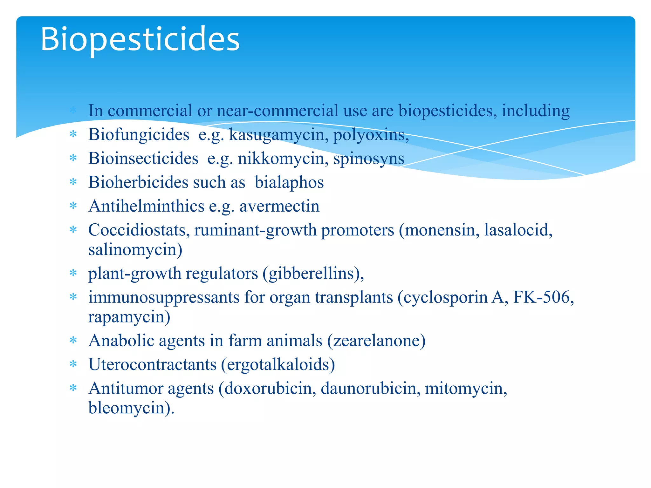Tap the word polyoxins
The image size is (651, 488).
[x=370, y=135]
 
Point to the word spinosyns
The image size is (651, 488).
[x=368, y=159]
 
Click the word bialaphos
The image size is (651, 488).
[x=289, y=182]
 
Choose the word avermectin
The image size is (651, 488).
[x=279, y=206]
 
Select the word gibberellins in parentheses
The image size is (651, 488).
[x=311, y=274]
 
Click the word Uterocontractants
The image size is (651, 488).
[x=152, y=364]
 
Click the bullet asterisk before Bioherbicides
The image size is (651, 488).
[x=73, y=182]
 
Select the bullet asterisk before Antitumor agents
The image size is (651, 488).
[x=73, y=388]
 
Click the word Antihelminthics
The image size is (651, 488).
[x=146, y=206]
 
